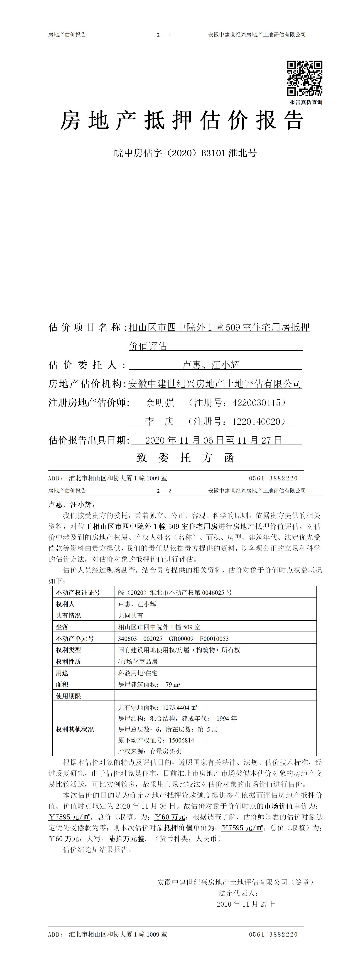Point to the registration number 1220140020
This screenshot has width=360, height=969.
(256, 422)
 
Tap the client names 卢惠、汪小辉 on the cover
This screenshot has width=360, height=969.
(211, 365)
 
